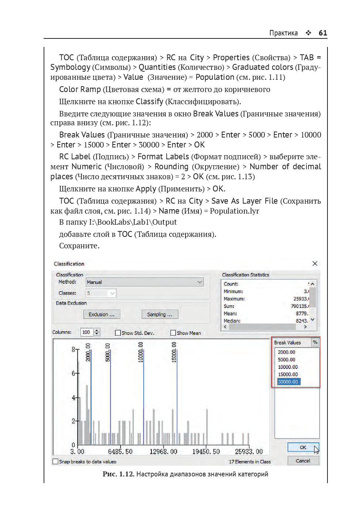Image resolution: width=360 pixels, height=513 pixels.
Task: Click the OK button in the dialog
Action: (x=303, y=447)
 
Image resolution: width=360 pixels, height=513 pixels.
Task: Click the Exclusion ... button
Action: (x=102, y=315)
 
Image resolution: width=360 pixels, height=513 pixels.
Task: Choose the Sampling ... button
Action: (x=160, y=315)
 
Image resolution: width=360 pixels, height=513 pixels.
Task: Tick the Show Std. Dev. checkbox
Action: (x=118, y=333)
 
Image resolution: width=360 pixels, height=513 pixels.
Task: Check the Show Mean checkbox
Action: (x=173, y=333)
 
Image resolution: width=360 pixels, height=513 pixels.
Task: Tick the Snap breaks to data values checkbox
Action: (x=55, y=462)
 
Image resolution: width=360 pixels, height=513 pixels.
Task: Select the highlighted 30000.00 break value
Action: (x=288, y=382)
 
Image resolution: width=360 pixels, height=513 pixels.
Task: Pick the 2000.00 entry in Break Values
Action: (x=286, y=352)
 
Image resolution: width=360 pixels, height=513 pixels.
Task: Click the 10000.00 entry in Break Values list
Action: (x=288, y=367)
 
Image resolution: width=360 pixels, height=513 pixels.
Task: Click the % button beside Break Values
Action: (x=315, y=342)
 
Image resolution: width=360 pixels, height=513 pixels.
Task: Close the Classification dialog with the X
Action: (x=315, y=264)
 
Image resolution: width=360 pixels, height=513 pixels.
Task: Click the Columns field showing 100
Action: (x=86, y=332)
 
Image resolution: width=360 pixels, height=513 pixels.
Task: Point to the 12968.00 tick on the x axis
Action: (x=163, y=452)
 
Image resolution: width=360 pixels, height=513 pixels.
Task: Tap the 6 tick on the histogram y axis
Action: (x=74, y=373)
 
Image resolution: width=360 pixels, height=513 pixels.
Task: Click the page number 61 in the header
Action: (x=323, y=33)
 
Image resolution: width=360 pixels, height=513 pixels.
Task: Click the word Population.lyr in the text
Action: (x=234, y=211)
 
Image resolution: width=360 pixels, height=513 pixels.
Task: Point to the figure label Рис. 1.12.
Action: (x=118, y=474)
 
